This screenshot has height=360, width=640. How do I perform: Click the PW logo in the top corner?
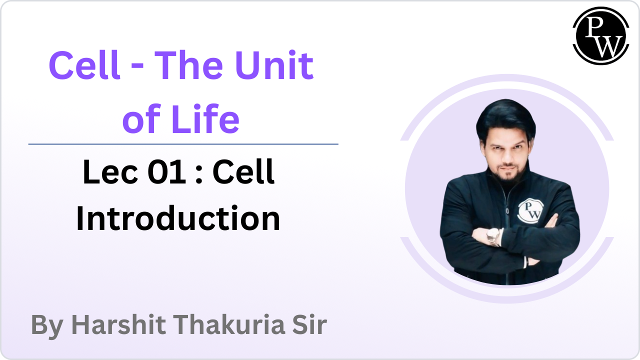(601, 35)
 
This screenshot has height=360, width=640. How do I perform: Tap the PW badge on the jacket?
(530, 210)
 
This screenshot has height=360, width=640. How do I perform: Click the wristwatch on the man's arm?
(493, 236)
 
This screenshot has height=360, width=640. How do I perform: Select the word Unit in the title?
(274, 65)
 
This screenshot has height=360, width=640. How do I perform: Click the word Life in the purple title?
(205, 118)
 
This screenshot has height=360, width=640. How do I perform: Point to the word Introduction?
(178, 218)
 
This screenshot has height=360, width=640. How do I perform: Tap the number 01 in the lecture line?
(167, 171)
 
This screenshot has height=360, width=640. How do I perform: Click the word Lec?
(110, 171)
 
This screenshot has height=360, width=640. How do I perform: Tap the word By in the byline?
(47, 325)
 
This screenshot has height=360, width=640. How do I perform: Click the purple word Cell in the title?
(84, 65)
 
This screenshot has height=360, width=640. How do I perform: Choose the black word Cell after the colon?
(243, 171)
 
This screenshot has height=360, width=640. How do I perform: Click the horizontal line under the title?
(183, 144)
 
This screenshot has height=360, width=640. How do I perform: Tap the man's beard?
(508, 174)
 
